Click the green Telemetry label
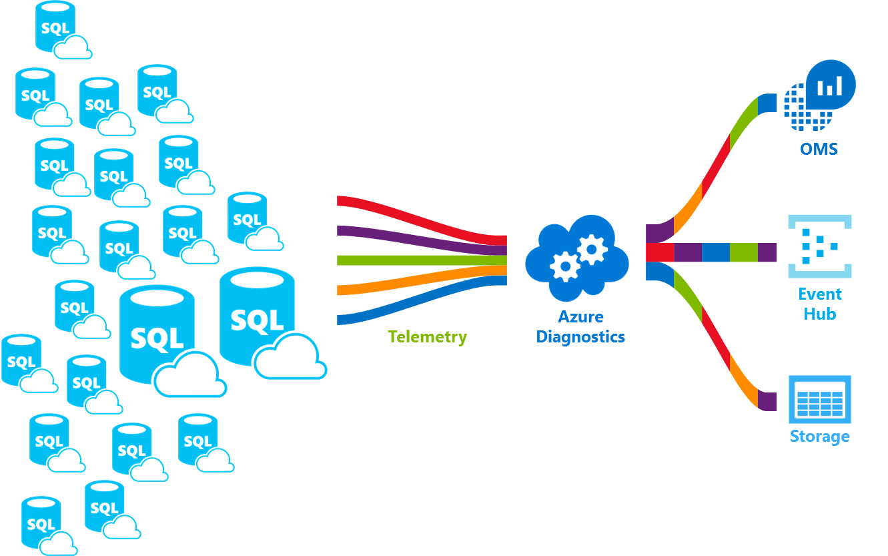tap(427, 336)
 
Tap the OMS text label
tap(819, 148)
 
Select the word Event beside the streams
tap(820, 294)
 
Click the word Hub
tap(820, 314)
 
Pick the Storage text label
tap(819, 437)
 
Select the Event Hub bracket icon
tap(819, 246)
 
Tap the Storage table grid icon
tap(820, 399)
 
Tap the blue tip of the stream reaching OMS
tap(767, 103)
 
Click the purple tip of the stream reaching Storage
tap(767, 401)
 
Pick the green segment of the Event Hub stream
tap(743, 252)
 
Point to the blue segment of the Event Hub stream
tap(715, 252)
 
